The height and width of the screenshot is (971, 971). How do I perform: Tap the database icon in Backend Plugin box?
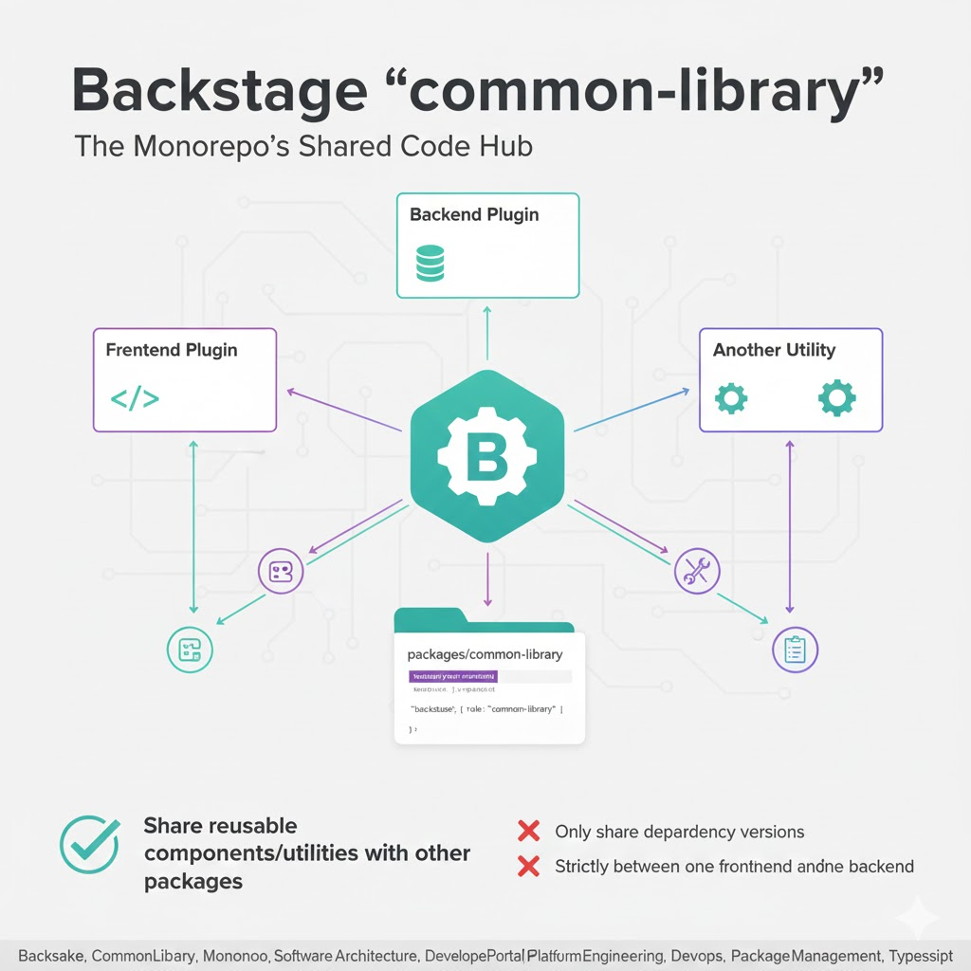(x=430, y=263)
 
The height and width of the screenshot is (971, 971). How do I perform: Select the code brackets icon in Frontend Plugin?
(x=135, y=397)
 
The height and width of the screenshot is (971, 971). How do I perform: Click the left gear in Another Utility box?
(x=730, y=397)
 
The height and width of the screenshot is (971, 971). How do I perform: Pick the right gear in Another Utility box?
(x=836, y=397)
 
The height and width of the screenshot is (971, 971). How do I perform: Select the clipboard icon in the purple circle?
(x=795, y=650)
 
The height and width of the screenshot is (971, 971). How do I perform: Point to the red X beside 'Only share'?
(x=528, y=832)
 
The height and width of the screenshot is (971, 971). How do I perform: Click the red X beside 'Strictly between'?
(x=528, y=866)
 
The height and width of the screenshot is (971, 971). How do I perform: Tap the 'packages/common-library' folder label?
(x=485, y=654)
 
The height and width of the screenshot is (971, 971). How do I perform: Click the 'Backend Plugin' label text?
(x=474, y=214)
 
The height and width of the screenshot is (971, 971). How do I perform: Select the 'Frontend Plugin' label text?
(x=172, y=350)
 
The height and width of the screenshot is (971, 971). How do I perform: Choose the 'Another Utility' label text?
(x=774, y=350)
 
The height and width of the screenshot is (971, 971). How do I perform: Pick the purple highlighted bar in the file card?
(x=452, y=677)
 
